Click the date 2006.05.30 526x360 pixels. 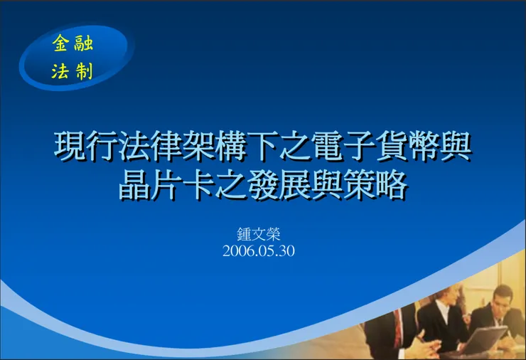tap(258, 250)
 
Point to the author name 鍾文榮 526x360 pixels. tap(258, 233)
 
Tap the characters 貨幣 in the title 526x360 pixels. tap(412, 147)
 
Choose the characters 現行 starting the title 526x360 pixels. tap(84, 147)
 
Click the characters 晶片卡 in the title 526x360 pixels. tap(163, 186)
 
